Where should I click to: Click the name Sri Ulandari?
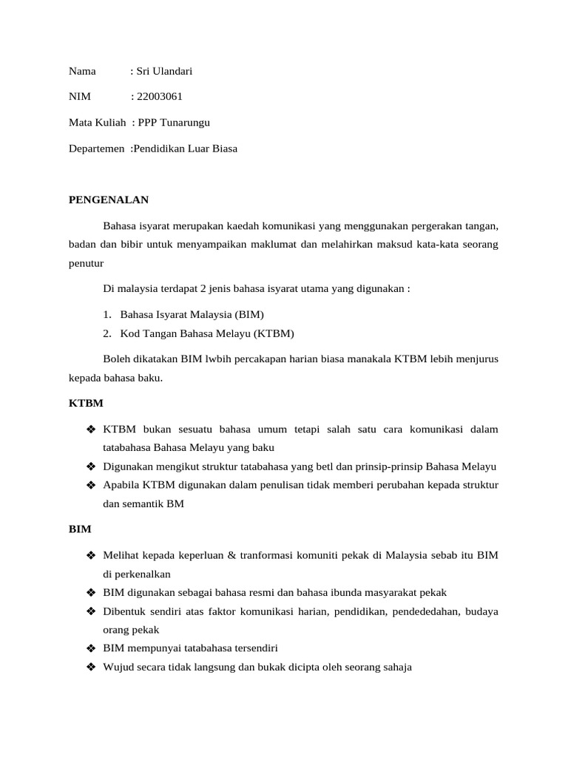pos(164,71)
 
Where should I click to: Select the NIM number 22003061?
pos(160,97)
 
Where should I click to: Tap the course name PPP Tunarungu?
pos(178,123)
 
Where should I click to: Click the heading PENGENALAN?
pos(109,200)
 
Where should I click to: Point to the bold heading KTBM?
pos(86,404)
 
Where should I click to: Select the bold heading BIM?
pos(80,529)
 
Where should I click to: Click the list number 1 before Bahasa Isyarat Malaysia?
pos(107,314)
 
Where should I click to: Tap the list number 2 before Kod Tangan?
pos(107,333)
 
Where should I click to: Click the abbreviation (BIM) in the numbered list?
pos(248,314)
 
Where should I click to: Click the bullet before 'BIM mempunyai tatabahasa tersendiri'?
pos(92,648)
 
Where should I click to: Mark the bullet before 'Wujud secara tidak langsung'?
pos(92,667)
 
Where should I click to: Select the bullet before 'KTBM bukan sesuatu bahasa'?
pos(92,430)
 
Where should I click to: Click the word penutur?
pos(87,263)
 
